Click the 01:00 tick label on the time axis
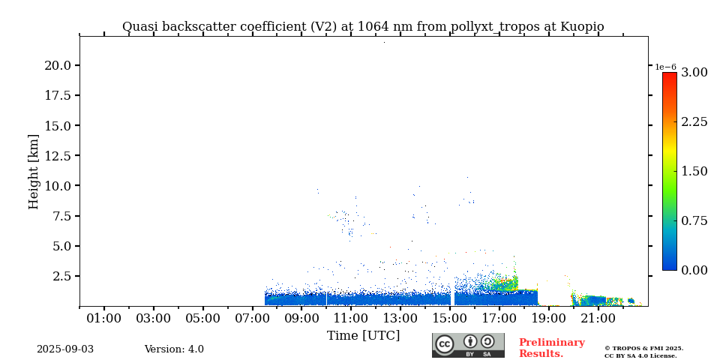click(103, 319)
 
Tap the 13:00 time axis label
click(400, 319)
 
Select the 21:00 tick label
click(598, 319)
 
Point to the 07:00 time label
click(252, 319)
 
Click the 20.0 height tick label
click(58, 66)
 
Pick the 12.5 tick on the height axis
click(58, 156)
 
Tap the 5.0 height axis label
click(61, 246)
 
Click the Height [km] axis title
click(34, 171)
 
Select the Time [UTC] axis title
click(363, 335)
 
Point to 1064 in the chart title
click(373, 27)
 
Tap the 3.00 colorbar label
click(694, 73)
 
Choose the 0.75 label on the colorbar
click(694, 220)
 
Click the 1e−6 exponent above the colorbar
click(665, 67)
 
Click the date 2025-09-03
click(65, 349)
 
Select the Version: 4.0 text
click(174, 349)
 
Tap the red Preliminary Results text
click(551, 348)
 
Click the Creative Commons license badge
click(468, 345)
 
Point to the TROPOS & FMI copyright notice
click(643, 352)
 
